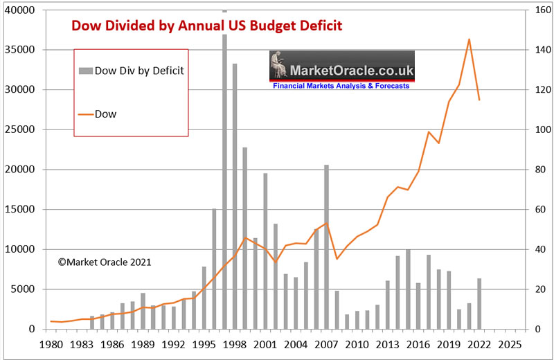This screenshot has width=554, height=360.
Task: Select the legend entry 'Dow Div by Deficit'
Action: tap(132, 70)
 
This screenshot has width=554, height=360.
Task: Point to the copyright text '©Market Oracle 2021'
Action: tap(104, 262)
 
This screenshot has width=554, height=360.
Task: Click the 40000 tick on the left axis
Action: tap(19, 10)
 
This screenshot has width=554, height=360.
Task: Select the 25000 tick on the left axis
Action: tap(19, 130)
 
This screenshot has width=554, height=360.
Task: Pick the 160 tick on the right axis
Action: tap(539, 10)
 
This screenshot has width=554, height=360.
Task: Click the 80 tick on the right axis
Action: tap(537, 170)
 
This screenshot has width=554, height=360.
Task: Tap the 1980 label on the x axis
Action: tap(51, 344)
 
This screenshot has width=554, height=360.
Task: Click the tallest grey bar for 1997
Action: tap(224, 173)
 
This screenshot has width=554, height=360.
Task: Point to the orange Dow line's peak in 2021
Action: tap(469, 39)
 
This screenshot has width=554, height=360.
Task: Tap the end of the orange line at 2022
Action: tap(479, 100)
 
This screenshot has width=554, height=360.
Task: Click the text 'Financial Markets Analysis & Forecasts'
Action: tap(341, 87)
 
